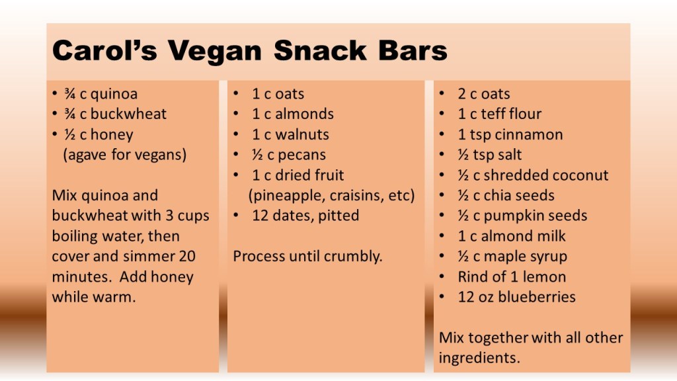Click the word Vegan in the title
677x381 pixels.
coord(215,52)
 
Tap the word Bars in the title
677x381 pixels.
coord(413,50)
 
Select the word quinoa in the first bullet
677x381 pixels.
coord(114,95)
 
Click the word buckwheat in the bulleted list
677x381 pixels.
coord(128,114)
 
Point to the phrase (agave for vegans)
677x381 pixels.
coord(125,155)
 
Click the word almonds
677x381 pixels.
coord(304,114)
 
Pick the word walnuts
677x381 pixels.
coord(302,134)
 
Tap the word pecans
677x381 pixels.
coord(301,155)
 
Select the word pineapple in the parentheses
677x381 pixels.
coord(286,196)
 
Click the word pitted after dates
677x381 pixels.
coord(338,216)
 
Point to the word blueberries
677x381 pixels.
coord(537,297)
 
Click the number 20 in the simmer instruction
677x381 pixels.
coord(187,256)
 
